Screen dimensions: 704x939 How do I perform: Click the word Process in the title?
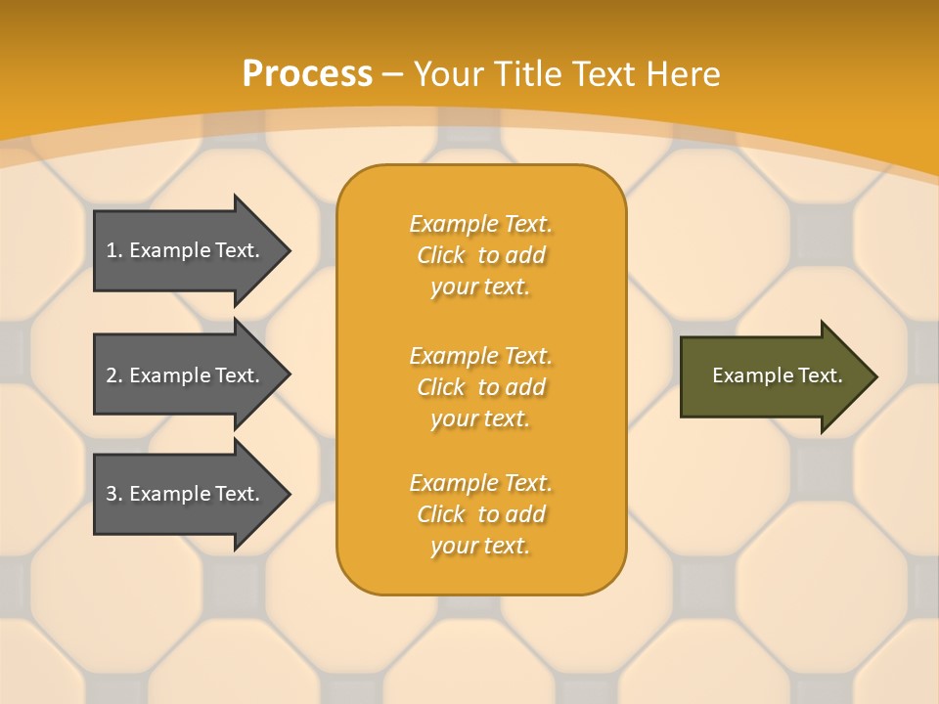307,74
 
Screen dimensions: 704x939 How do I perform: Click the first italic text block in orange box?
480,255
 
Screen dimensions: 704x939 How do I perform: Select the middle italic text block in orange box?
480,386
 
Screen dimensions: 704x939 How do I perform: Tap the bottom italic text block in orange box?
480,514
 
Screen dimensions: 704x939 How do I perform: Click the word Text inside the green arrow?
820,375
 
